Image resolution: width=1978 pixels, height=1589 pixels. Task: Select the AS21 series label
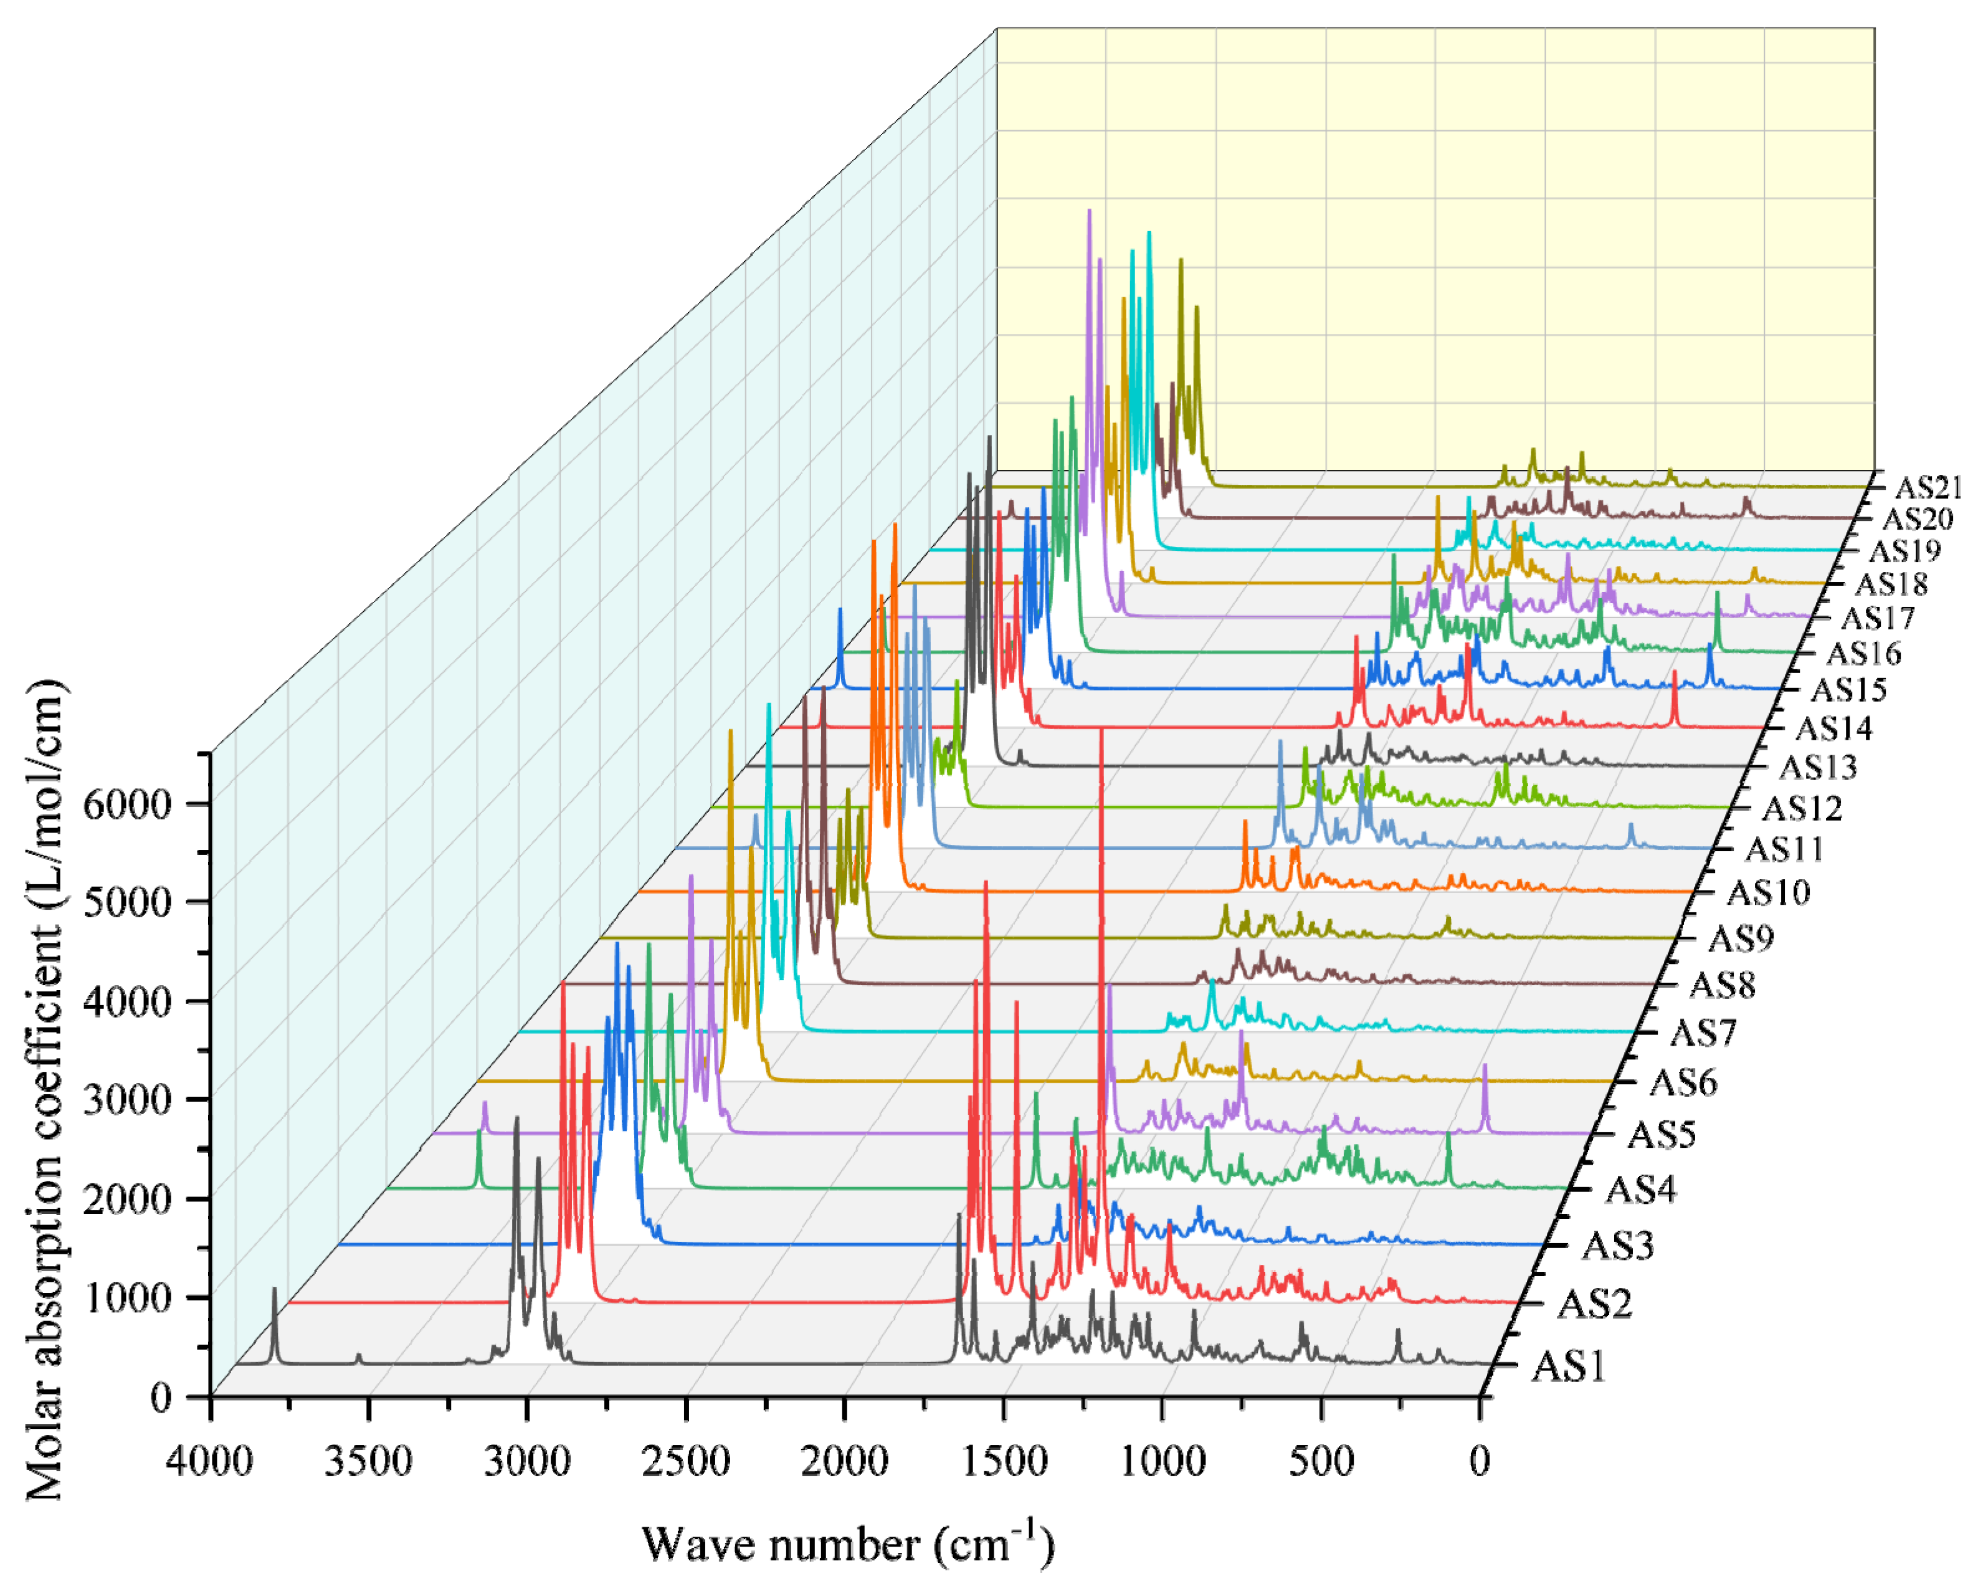tap(1927, 487)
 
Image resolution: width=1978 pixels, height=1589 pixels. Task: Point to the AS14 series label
tap(1833, 728)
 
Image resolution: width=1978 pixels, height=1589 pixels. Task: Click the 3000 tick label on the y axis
tap(128, 1100)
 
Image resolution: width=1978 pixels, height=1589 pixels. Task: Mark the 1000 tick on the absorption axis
tap(128, 1297)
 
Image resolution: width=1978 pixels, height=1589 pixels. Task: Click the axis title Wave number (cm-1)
tap(848, 1544)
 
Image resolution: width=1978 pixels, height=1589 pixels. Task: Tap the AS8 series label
tap(1722, 985)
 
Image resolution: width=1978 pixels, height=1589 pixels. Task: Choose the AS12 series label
tap(1802, 808)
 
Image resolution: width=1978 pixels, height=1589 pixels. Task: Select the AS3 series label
tap(1617, 1246)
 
